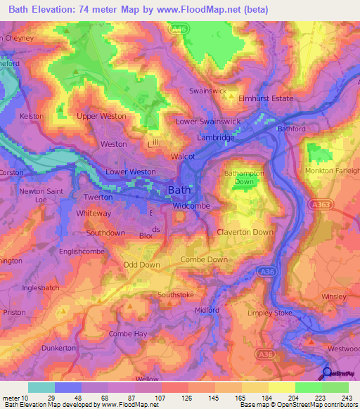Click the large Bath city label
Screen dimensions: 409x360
point(180,190)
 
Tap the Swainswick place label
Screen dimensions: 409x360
point(206,91)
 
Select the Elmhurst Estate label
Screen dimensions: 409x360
point(266,98)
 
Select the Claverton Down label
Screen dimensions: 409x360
point(245,232)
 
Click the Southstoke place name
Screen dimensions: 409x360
point(176,295)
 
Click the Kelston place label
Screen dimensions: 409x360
point(32,116)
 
